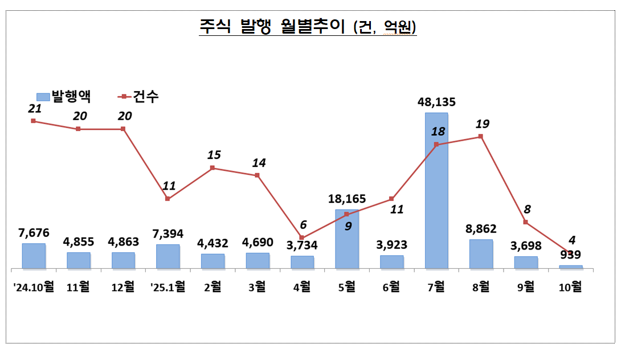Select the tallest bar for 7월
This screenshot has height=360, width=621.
point(436,191)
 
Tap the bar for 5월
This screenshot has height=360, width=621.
point(347,239)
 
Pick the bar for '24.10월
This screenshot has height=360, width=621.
point(34,256)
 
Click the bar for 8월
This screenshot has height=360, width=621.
point(481,254)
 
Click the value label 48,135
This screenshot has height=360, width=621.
point(436,103)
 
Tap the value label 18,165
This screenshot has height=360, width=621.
point(347,199)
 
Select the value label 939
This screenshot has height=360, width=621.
point(571,255)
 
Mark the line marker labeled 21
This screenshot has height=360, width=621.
point(34,121)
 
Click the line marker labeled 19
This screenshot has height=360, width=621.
point(481,136)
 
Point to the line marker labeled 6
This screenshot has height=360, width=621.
point(302,238)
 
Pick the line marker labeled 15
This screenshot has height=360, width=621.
point(213,167)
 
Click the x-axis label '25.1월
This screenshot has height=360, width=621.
point(167,287)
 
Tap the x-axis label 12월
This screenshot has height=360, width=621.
point(123,287)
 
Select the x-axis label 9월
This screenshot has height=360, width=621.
point(526,287)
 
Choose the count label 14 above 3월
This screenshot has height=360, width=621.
point(259,162)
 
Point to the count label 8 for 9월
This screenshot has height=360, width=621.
point(526,208)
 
